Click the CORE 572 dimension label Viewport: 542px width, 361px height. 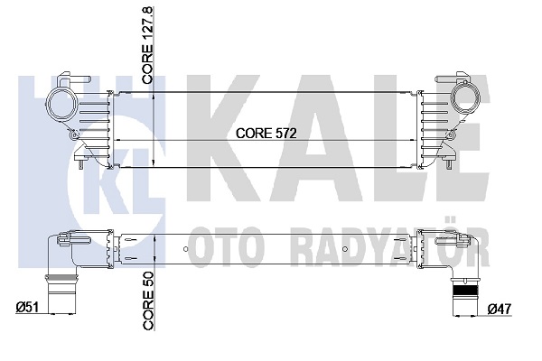(x=266, y=133)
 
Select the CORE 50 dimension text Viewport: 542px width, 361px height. (x=148, y=301)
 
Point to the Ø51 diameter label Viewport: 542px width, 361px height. (x=27, y=307)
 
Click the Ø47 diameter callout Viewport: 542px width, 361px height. (x=499, y=309)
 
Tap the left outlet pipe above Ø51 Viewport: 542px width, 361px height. (x=61, y=294)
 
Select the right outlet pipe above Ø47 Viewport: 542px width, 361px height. (x=465, y=296)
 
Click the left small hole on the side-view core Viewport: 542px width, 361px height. (x=185, y=249)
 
